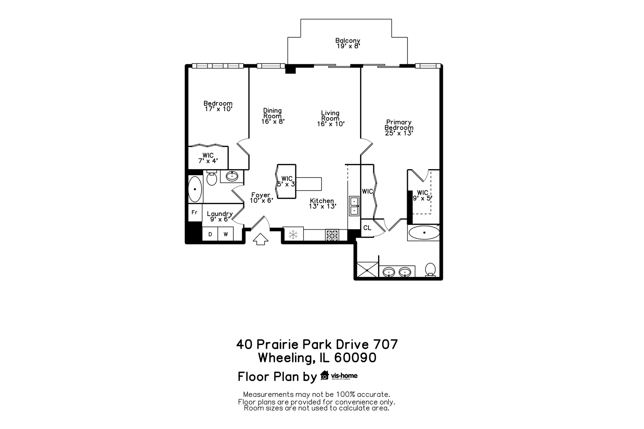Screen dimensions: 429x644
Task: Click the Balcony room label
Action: [x=347, y=41]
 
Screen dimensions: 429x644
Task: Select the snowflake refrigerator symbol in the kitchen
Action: [x=293, y=234]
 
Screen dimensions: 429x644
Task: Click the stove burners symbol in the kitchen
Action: [x=332, y=235]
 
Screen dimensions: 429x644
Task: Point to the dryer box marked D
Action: [x=210, y=234]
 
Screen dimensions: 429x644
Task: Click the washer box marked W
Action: [x=225, y=234]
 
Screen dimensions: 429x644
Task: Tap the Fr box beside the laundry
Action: [x=194, y=213]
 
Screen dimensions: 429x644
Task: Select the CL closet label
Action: [x=367, y=228]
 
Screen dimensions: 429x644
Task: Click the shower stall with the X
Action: [x=368, y=269]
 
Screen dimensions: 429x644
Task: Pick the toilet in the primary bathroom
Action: [x=430, y=269]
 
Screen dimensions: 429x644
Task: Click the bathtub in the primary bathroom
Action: [x=424, y=233]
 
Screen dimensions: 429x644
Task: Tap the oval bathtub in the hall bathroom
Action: [x=195, y=189]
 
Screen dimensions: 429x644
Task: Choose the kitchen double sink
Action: [x=353, y=206]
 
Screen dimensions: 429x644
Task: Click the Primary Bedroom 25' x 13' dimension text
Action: [x=399, y=133]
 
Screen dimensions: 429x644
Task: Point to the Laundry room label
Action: [x=219, y=214]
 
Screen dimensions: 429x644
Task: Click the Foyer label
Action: [x=261, y=195]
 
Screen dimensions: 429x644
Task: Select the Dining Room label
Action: [x=272, y=113]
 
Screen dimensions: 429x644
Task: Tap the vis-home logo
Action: [x=339, y=375]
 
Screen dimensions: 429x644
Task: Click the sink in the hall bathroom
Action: [x=231, y=176]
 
